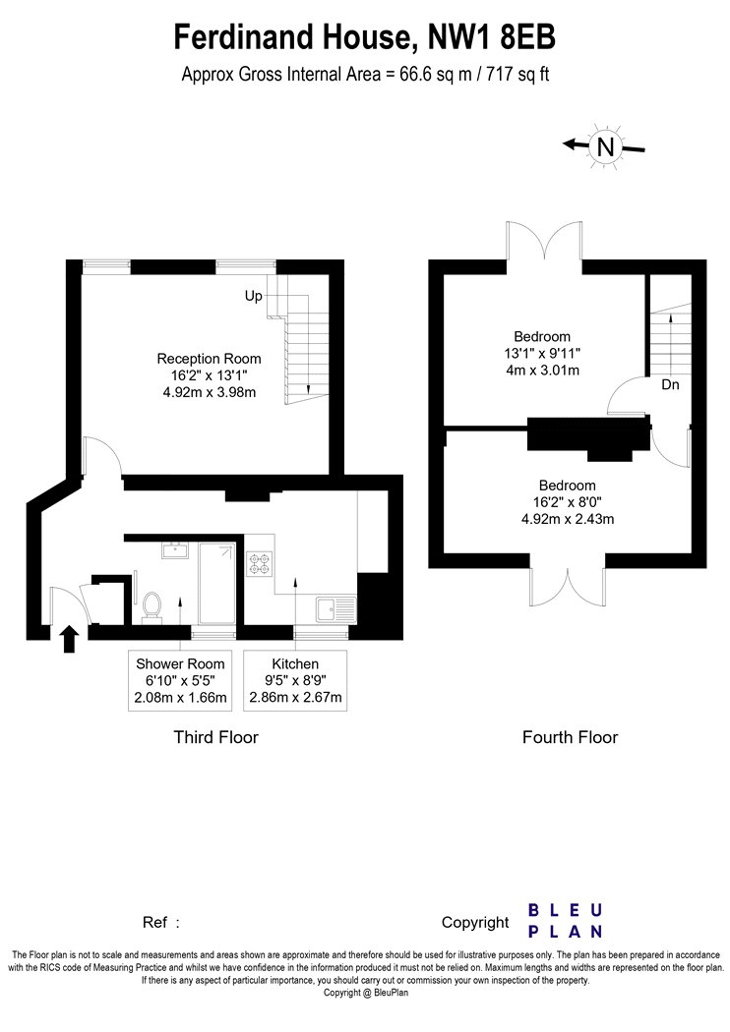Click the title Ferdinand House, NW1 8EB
point(364,36)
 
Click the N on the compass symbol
point(605,146)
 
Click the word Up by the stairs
point(253,296)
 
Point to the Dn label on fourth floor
point(670,384)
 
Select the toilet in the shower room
point(152,606)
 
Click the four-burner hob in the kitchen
point(259,564)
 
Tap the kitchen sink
point(335,609)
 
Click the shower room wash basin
point(175,549)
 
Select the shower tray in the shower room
point(217,583)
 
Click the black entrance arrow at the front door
point(69,639)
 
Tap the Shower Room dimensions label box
point(180,680)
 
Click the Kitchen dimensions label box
point(295,680)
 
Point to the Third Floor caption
point(216,737)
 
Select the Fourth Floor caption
point(570,737)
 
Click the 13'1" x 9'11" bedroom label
point(542,354)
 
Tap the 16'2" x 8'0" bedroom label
point(568,502)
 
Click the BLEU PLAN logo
point(566,921)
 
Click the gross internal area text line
point(365,75)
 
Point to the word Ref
point(155,922)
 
